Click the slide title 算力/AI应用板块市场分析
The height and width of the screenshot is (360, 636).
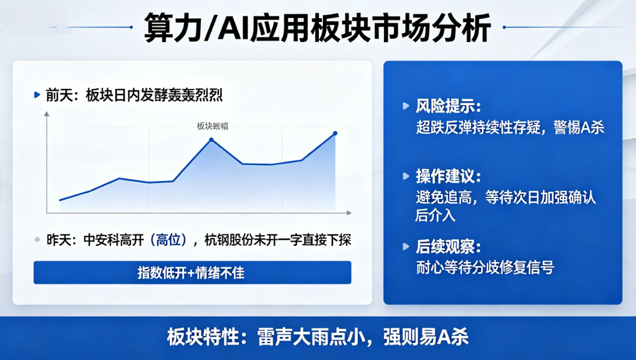[318, 27]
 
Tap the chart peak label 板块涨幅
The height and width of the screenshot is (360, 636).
[213, 126]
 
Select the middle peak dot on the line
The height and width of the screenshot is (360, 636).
[211, 140]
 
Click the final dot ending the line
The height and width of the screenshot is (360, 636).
[335, 133]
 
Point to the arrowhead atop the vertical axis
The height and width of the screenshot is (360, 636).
[47, 114]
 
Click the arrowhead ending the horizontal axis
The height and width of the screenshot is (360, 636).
[349, 213]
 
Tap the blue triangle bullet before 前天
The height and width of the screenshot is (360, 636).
[37, 95]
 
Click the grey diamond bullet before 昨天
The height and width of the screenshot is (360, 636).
[37, 240]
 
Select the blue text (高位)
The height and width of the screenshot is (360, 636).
[168, 240]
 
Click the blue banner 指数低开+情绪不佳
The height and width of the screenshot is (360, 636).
[192, 272]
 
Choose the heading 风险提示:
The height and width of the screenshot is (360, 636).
[448, 106]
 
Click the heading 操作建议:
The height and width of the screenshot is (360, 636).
[448, 176]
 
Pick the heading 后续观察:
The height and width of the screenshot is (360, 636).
[448, 247]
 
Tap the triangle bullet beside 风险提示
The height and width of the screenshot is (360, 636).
[406, 106]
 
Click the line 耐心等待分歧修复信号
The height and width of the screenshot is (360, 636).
[485, 268]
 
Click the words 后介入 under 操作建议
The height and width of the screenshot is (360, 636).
[435, 215]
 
